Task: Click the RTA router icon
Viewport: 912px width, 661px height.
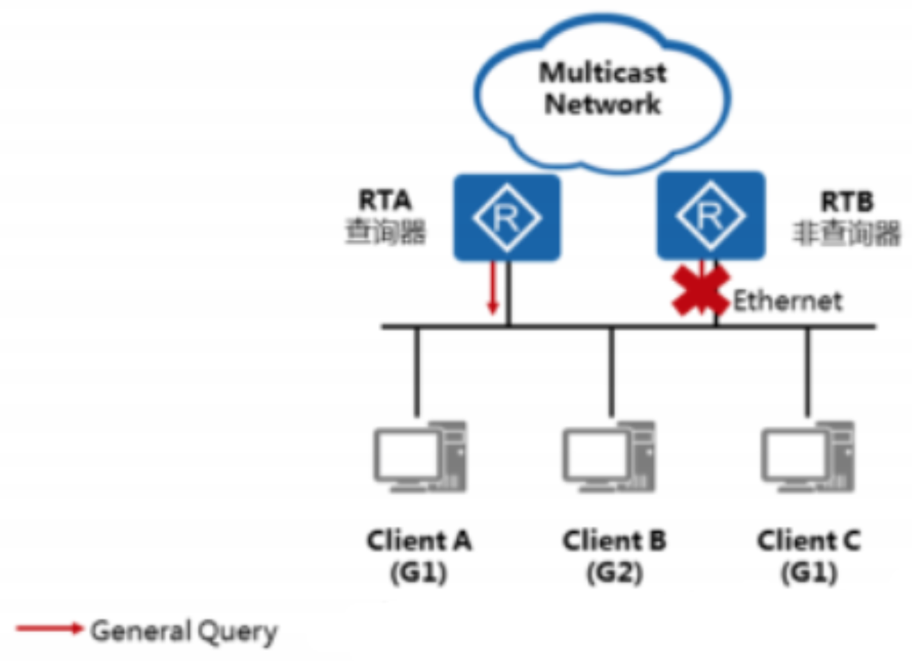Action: [x=507, y=218]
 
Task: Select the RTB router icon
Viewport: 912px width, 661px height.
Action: [x=710, y=217]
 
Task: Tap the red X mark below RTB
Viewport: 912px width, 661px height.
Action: [x=701, y=290]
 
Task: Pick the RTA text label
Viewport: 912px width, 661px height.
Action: [x=385, y=201]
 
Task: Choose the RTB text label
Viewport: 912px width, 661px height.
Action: [x=847, y=202]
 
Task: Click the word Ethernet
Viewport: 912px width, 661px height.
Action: [x=788, y=301]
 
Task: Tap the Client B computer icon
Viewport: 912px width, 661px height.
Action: [x=609, y=456]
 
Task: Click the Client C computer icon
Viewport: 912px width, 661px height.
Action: [x=808, y=456]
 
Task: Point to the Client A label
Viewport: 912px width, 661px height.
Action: [x=419, y=540]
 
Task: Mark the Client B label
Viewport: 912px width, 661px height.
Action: [x=614, y=540]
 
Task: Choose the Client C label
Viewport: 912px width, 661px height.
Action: [x=808, y=540]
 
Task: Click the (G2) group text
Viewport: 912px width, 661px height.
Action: [x=614, y=573]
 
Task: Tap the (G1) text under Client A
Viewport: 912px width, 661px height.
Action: [x=418, y=573]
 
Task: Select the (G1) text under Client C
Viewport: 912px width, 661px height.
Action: [x=808, y=573]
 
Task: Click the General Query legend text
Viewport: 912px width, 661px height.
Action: [x=184, y=631]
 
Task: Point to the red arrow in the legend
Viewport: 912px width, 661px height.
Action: [x=49, y=629]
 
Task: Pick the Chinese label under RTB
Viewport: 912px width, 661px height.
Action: [x=847, y=234]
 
